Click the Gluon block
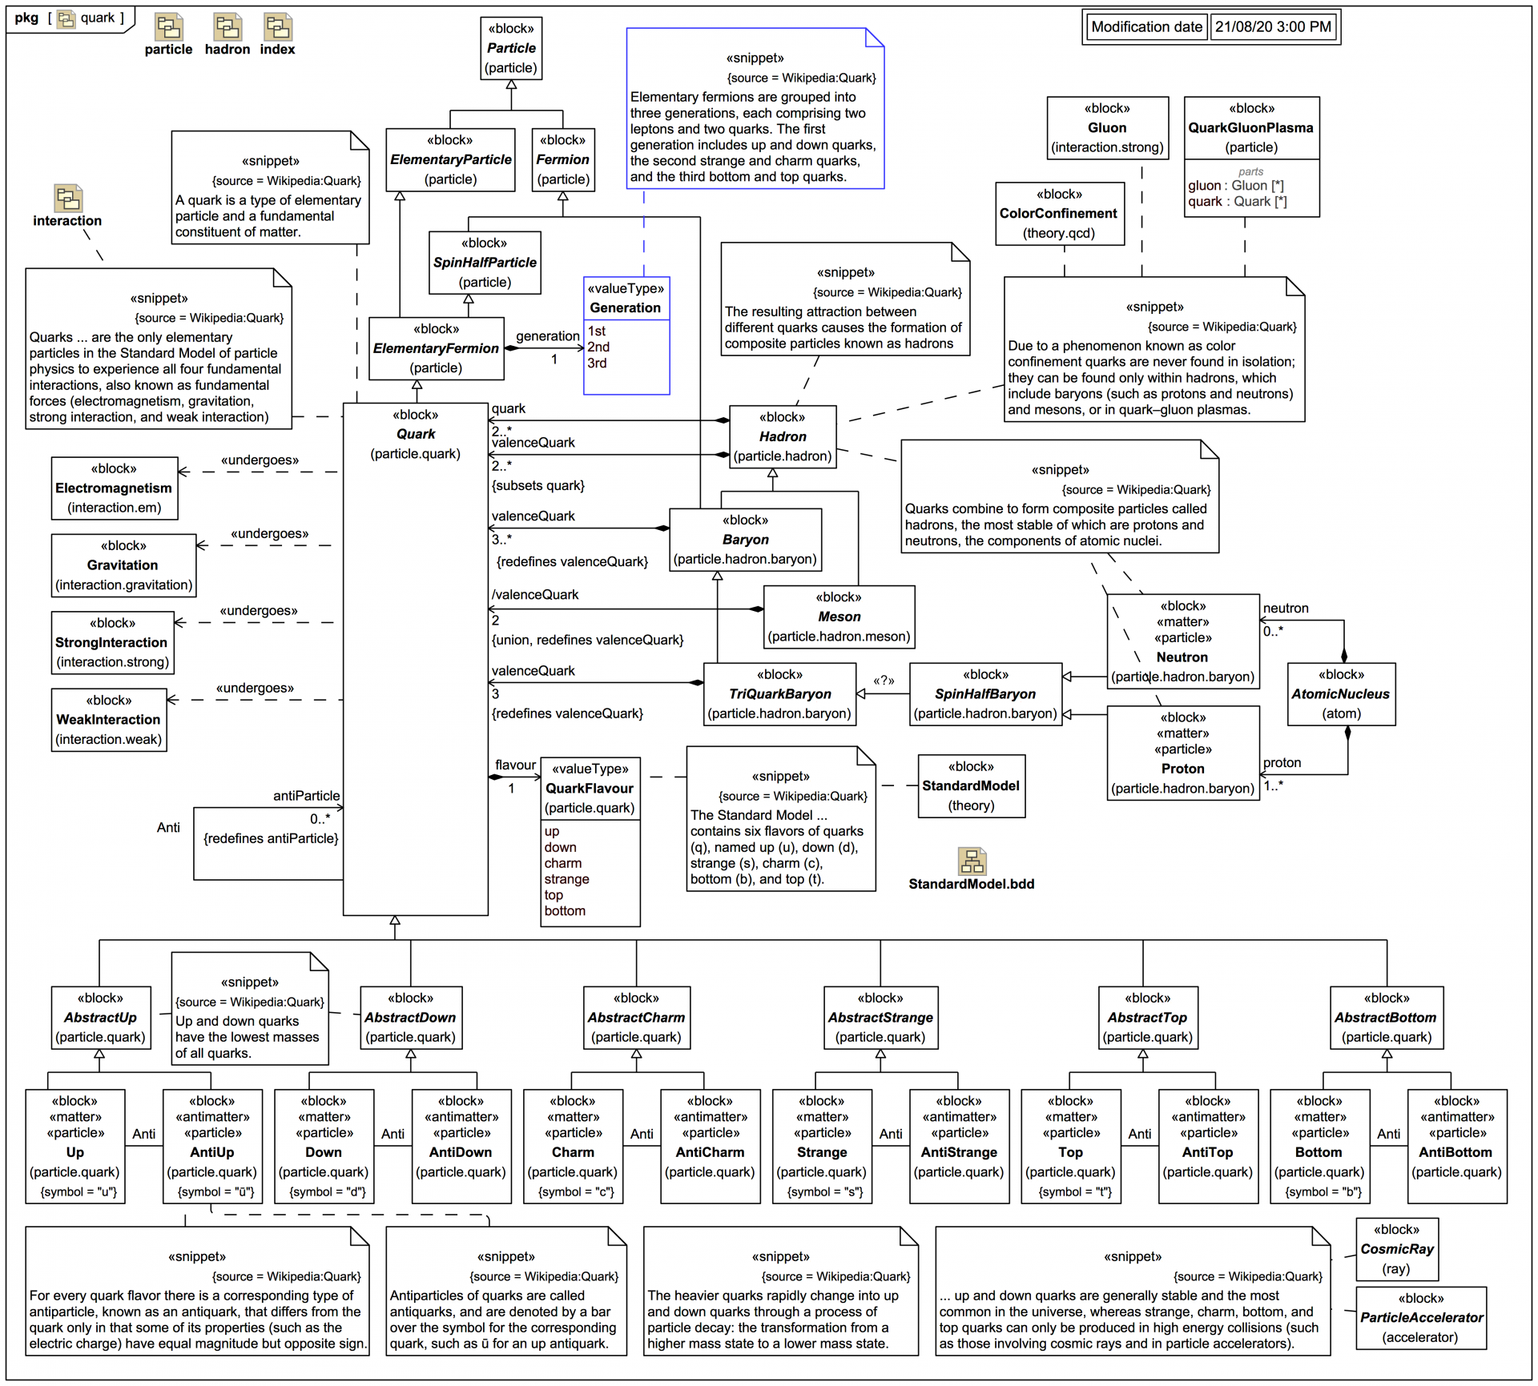[x=1107, y=128]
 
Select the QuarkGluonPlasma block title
[x=1250, y=128]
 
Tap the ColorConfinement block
[x=1059, y=214]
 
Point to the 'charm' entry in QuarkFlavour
[x=563, y=863]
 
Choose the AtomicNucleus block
[x=1341, y=694]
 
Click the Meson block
[x=839, y=617]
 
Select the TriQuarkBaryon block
[x=779, y=694]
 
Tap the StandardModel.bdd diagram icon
[x=972, y=862]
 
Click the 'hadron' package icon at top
[x=227, y=28]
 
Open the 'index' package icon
[x=277, y=28]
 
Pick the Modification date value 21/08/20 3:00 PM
[x=1273, y=27]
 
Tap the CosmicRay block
[x=1397, y=1249]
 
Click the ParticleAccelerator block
[x=1421, y=1318]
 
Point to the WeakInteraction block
[x=109, y=720]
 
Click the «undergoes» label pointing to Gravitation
[x=269, y=534]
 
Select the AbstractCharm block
[x=636, y=1018]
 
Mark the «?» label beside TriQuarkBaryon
[x=884, y=681]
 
